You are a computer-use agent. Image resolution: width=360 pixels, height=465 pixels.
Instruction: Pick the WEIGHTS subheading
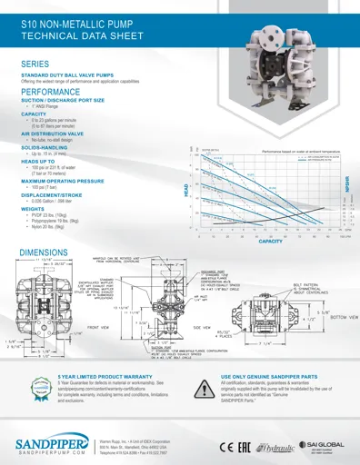(x=34, y=207)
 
